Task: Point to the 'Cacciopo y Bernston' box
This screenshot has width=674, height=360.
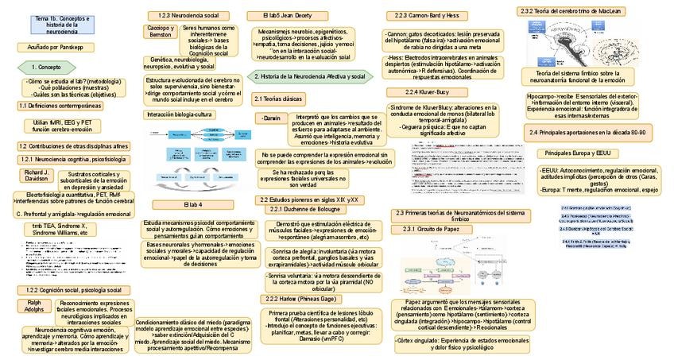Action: pyautogui.click(x=160, y=32)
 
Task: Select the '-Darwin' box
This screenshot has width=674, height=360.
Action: pyautogui.click(x=270, y=118)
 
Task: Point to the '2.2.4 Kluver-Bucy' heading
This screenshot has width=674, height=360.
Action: pyautogui.click(x=427, y=92)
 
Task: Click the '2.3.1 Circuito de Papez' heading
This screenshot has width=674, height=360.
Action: pyautogui.click(x=432, y=230)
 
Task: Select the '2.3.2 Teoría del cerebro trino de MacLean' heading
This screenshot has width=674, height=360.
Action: pyautogui.click(x=560, y=11)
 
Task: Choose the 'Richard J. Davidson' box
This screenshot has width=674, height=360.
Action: pyautogui.click(x=36, y=175)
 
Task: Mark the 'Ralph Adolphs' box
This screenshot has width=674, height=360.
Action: pyautogui.click(x=35, y=307)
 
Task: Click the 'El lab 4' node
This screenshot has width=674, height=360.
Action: pyautogui.click(x=194, y=205)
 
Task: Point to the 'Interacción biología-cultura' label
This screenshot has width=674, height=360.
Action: pyautogui.click(x=180, y=114)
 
